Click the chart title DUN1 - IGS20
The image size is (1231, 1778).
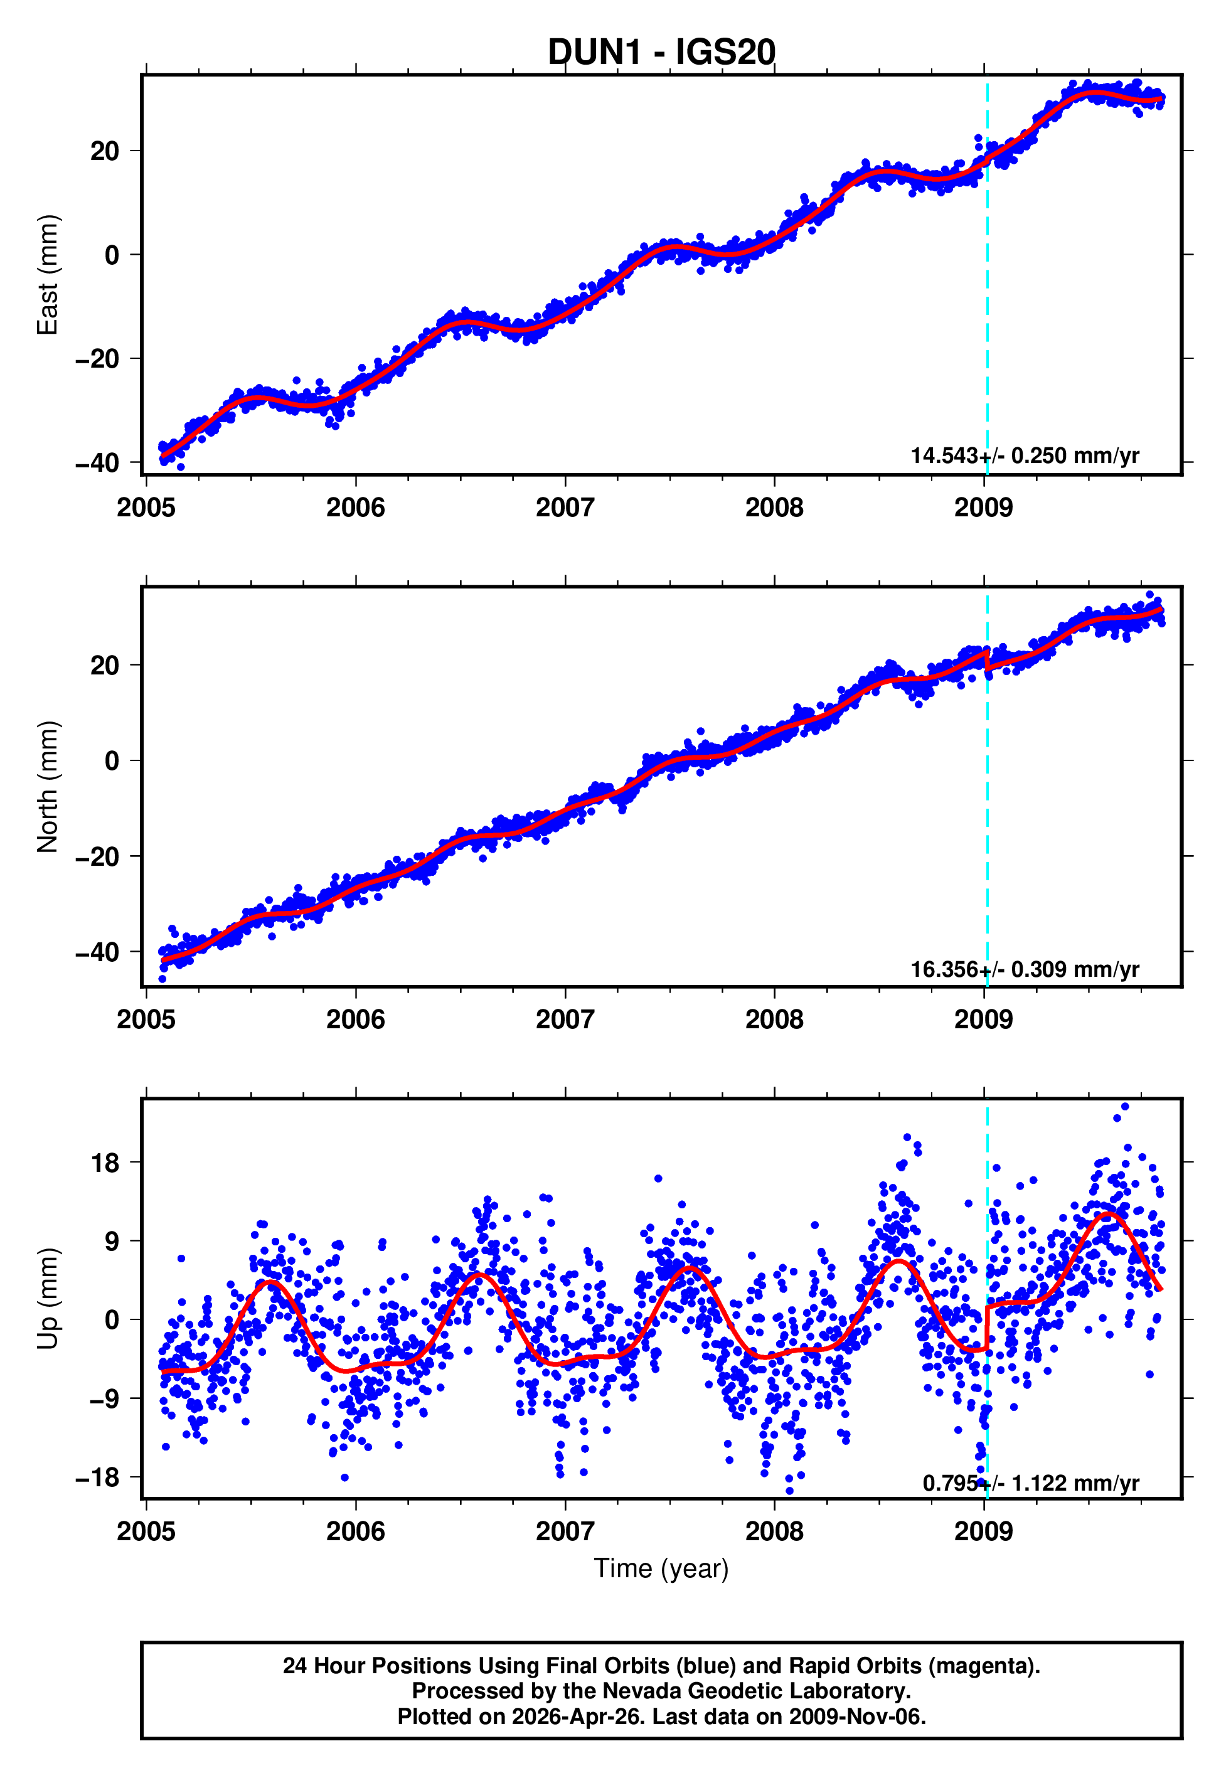[x=661, y=53]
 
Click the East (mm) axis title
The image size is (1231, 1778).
[x=48, y=275]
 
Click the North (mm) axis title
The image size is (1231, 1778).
[x=48, y=787]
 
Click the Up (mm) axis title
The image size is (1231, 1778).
[x=48, y=1299]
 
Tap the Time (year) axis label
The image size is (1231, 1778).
[x=661, y=1569]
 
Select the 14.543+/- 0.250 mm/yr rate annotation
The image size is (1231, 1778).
[x=1025, y=455]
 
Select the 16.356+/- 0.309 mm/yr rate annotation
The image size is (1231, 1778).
[x=1025, y=969]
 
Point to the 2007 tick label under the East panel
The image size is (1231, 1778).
[x=565, y=508]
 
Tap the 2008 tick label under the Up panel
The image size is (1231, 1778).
[x=774, y=1531]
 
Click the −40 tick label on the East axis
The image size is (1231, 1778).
[x=97, y=464]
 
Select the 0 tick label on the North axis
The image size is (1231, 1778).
[x=112, y=761]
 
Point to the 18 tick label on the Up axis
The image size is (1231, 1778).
[x=105, y=1163]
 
